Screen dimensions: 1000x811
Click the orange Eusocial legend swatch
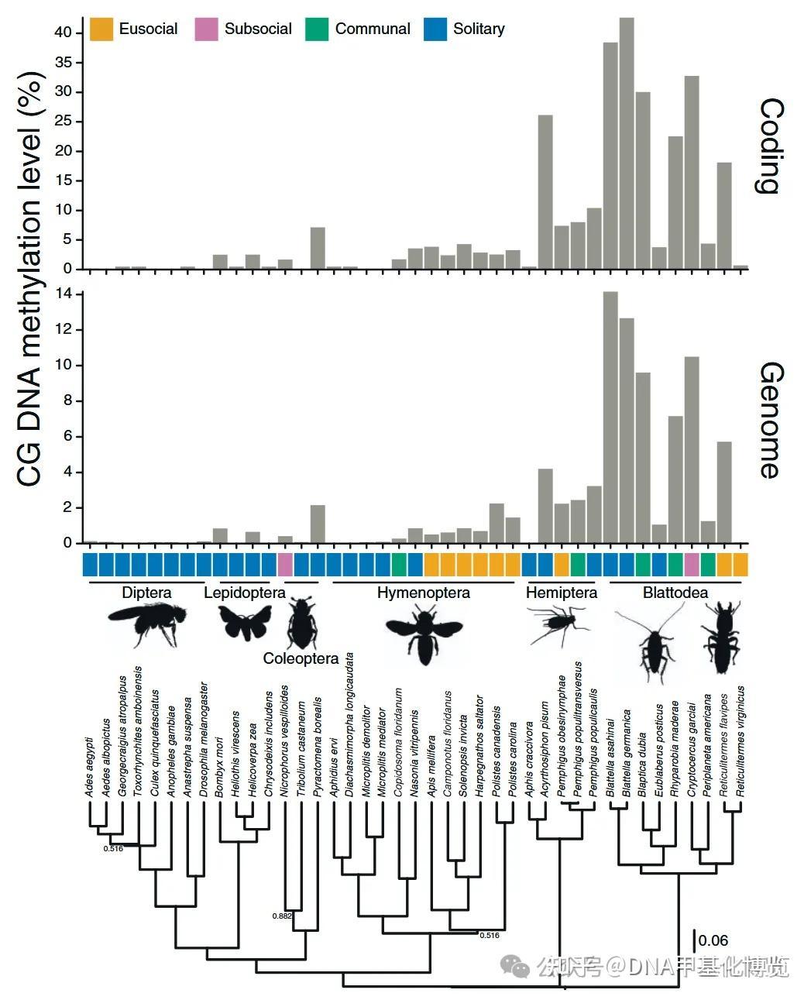click(101, 29)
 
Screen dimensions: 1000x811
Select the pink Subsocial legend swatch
click(207, 29)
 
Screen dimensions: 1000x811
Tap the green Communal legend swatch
click(318, 29)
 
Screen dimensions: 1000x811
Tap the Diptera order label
click(146, 593)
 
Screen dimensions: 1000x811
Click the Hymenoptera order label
click(423, 593)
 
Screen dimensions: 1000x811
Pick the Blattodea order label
click(675, 593)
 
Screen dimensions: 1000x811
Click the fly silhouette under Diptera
click(147, 623)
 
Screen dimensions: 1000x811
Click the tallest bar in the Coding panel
click(627, 143)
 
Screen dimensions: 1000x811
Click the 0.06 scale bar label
click(713, 940)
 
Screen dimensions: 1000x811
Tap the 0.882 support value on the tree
click(281, 916)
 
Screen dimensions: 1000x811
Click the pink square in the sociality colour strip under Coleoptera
click(285, 564)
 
